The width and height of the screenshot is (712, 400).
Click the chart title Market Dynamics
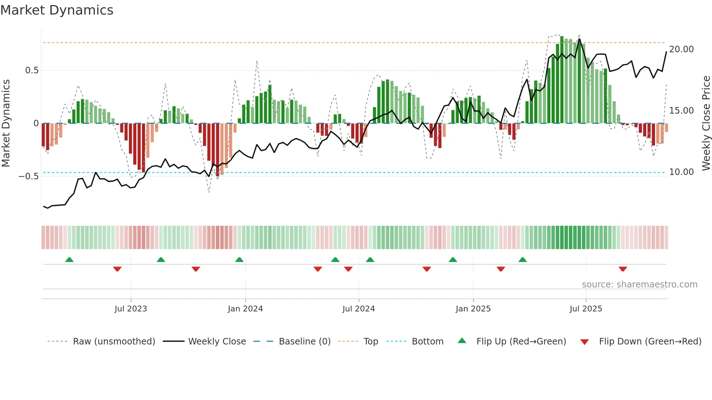[57, 10]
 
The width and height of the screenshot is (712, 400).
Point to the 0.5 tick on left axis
[32, 70]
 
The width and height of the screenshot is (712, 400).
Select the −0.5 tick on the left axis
[29, 176]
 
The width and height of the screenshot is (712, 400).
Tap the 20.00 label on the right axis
[681, 49]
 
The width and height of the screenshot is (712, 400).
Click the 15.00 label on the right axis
[681, 111]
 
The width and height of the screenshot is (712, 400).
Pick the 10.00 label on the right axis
[681, 172]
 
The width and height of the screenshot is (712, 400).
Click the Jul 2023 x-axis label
[131, 309]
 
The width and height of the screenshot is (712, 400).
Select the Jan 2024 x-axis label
[245, 309]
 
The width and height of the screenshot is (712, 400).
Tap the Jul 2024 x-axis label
[359, 309]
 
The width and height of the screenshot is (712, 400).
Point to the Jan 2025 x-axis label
[473, 309]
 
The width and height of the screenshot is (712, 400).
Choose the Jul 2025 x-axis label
[586, 309]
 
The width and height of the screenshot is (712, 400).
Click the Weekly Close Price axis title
[706, 123]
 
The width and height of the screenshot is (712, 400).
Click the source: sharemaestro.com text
[639, 285]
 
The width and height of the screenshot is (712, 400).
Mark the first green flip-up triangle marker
[69, 260]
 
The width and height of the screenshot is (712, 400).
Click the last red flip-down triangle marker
[623, 269]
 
